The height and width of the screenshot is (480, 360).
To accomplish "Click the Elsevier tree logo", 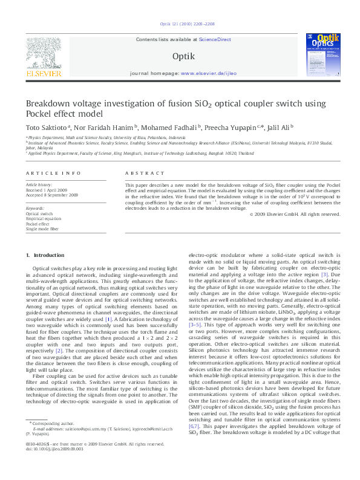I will click(44, 56).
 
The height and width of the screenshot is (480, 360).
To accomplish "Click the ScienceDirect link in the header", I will click(216, 39).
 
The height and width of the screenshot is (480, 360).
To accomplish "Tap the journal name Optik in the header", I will click(183, 56).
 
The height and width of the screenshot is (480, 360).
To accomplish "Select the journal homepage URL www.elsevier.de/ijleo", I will click(205, 73).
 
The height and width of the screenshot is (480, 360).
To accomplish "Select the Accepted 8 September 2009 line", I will click(52, 195).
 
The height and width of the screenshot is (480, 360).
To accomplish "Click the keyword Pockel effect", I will click(38, 224).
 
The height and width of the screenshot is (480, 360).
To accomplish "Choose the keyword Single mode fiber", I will click(42, 229).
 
